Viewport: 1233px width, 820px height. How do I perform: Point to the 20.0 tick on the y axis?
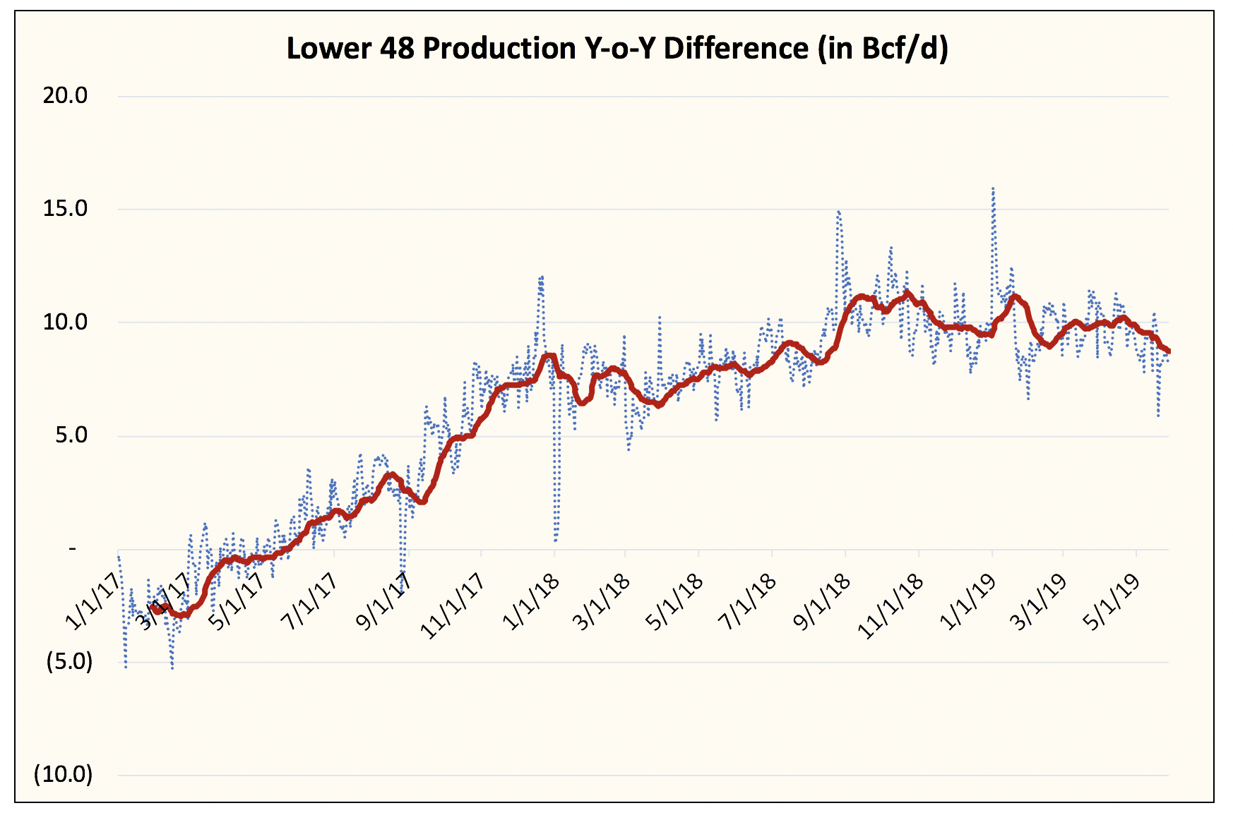tap(65, 96)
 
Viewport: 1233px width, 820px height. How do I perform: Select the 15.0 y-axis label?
tap(65, 209)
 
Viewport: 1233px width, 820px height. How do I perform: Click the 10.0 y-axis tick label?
tap(65, 322)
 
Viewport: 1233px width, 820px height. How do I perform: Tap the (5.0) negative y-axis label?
tap(69, 662)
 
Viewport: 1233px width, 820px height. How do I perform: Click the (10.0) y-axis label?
tap(64, 775)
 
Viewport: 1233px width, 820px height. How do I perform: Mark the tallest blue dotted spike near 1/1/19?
tap(993, 188)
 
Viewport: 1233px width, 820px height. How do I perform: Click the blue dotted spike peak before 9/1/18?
tap(838, 211)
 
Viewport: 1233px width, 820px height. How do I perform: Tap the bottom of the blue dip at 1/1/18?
tap(556, 541)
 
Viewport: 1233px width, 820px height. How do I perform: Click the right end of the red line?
tap(1168, 351)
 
